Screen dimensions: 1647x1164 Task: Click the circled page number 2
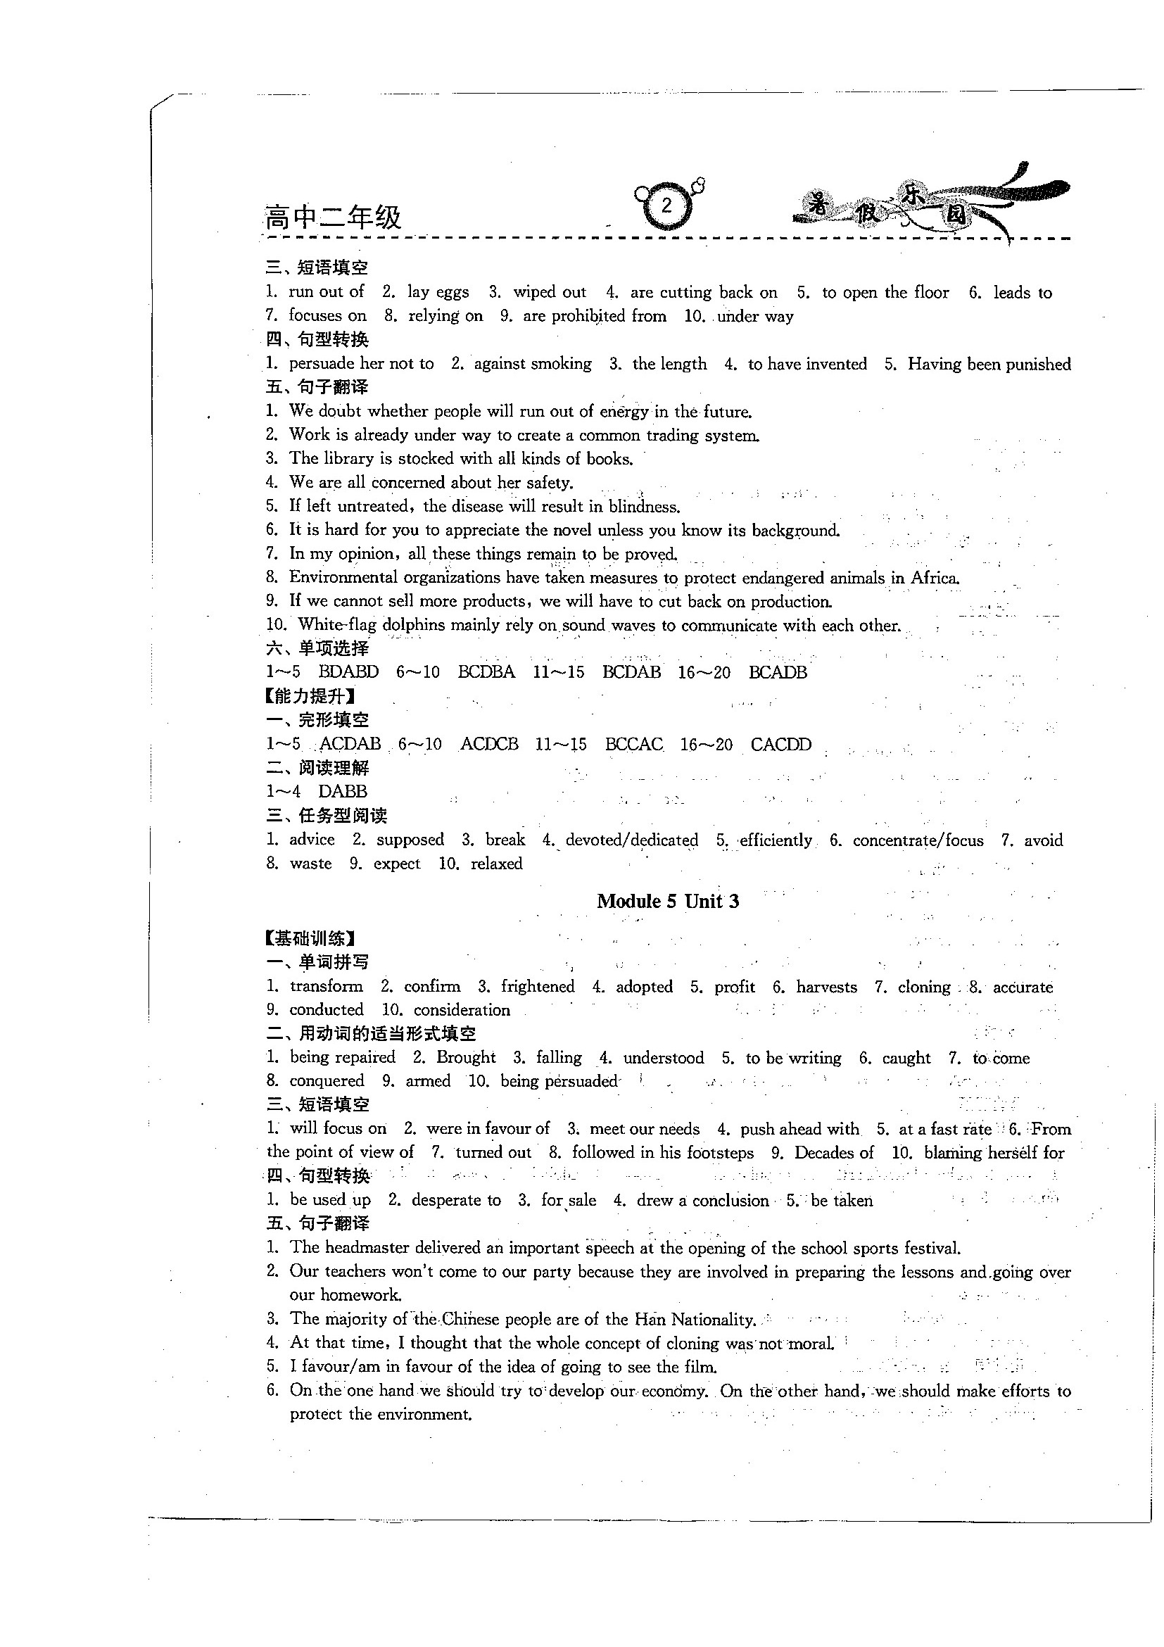tap(666, 206)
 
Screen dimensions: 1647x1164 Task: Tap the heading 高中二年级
tap(334, 217)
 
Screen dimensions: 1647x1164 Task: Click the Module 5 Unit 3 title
tap(667, 902)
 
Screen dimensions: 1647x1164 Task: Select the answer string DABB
tap(343, 792)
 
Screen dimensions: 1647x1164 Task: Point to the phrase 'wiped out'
tap(550, 292)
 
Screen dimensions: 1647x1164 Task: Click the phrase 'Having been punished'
tap(989, 365)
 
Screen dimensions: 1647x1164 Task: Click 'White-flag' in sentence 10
tap(337, 625)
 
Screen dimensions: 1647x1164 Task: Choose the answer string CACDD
tap(781, 745)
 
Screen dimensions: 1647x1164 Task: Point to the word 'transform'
tap(327, 986)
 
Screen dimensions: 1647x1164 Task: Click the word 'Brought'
tap(466, 1057)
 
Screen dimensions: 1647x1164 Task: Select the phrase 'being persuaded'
tap(559, 1081)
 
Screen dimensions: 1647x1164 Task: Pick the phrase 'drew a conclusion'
tap(702, 1201)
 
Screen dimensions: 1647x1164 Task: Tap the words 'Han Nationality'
tap(694, 1319)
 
